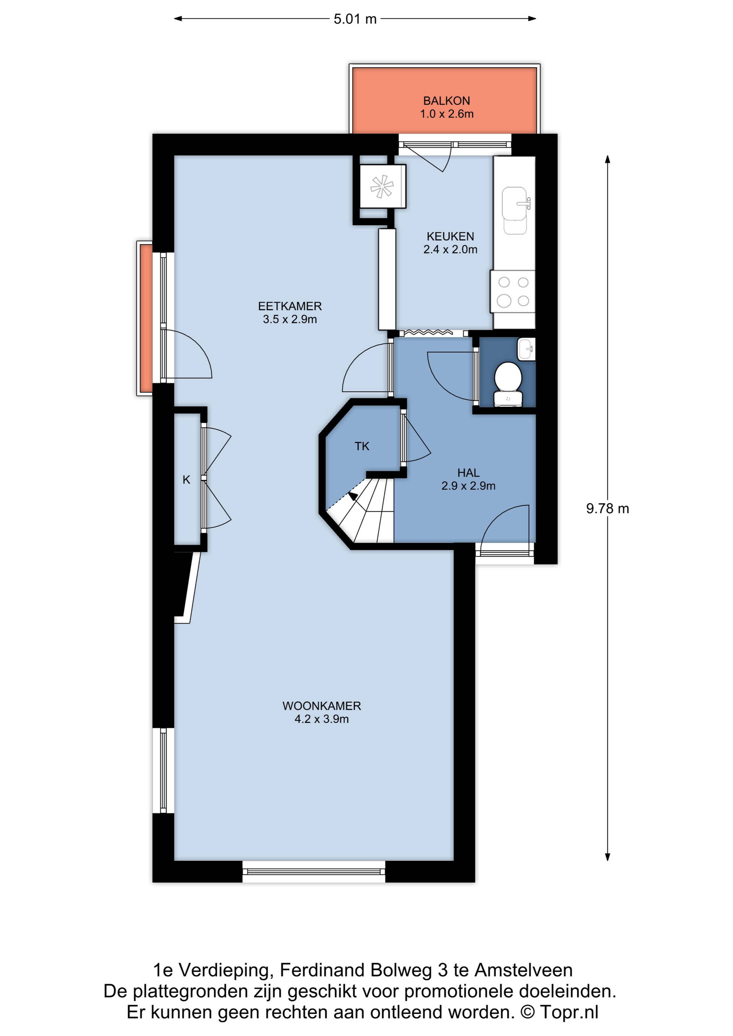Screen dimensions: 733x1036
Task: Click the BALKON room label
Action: (x=446, y=101)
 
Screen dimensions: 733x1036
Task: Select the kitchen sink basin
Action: (x=515, y=204)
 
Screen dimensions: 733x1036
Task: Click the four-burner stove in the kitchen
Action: (x=513, y=291)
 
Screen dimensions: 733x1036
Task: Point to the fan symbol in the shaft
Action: (x=382, y=186)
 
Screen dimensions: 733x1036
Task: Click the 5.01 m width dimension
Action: (x=355, y=19)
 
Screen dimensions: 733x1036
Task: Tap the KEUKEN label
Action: (x=450, y=237)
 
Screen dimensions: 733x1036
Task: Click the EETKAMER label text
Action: (x=290, y=306)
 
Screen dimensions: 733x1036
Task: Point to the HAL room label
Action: (x=468, y=473)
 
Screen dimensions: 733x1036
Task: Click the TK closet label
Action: (x=362, y=446)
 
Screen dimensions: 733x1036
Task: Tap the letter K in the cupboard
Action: (x=186, y=480)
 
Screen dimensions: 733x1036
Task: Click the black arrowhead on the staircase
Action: (x=352, y=496)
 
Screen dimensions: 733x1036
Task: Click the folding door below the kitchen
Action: (x=428, y=332)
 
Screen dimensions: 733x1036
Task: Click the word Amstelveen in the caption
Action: (x=523, y=970)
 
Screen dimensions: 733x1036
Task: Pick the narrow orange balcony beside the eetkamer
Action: (x=145, y=318)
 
